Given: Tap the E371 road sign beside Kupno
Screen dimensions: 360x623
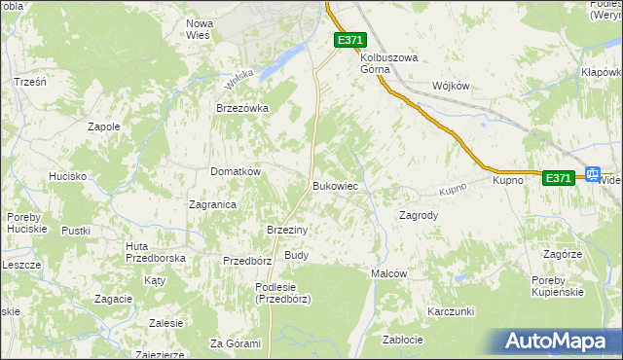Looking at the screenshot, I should click(558, 178).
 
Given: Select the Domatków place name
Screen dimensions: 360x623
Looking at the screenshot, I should click(236, 171).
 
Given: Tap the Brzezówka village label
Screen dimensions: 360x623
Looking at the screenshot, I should click(241, 109).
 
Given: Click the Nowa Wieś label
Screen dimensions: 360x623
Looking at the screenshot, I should click(200, 28).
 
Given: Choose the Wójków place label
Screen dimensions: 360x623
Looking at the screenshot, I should click(451, 86).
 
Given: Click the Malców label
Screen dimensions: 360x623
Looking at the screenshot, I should click(388, 273).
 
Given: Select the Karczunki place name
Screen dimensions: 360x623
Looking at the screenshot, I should click(450, 311).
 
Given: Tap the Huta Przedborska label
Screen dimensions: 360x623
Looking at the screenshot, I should click(156, 252).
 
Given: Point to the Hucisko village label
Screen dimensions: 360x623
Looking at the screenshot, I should click(68, 176).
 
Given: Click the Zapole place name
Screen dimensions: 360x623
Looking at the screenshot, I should click(103, 126).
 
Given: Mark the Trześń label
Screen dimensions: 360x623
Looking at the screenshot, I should click(30, 83).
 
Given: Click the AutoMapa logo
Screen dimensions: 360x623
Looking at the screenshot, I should click(554, 341).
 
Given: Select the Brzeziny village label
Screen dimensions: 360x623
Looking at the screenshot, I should click(287, 230).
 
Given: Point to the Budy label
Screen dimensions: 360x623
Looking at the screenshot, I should click(296, 255).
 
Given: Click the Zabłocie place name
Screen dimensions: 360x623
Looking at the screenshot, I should click(402, 340).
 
